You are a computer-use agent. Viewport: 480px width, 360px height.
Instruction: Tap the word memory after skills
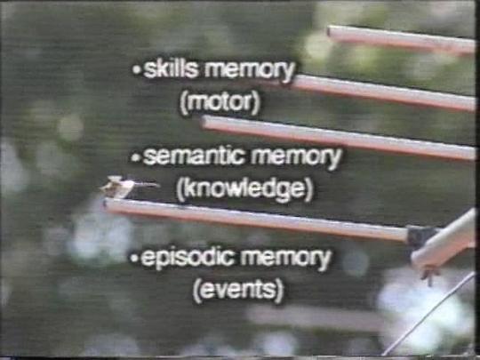point(250,71)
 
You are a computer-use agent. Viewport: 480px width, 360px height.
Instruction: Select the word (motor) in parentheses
point(220,102)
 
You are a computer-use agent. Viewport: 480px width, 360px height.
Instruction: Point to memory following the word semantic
point(296,158)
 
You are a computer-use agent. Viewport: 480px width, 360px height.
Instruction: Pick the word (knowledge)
point(244,189)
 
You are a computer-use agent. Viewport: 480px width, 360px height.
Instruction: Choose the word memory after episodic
point(285,259)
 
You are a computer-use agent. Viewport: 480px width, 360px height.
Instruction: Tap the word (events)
point(238,290)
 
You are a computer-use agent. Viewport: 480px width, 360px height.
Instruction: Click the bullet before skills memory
point(137,70)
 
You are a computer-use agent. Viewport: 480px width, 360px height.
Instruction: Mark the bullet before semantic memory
point(135,157)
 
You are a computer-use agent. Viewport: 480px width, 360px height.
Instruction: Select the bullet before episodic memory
point(134,258)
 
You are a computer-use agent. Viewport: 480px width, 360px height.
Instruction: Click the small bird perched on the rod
point(118,187)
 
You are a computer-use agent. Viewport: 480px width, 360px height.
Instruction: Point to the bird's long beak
point(147,184)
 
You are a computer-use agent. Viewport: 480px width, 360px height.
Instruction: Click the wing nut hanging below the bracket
point(429,275)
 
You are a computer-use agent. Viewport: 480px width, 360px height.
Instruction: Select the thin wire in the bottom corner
point(428,315)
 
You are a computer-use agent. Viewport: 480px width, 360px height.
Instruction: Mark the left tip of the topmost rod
point(330,30)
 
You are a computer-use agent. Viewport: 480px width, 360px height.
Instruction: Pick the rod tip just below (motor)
point(204,122)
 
